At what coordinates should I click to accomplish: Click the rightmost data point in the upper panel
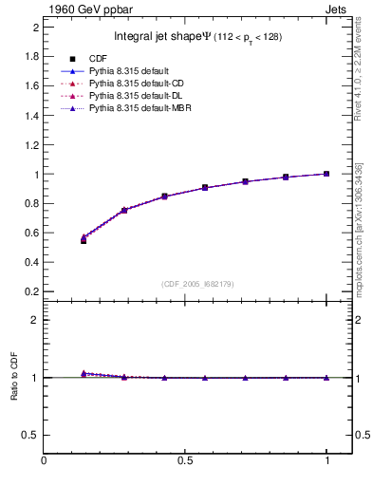tap(326, 174)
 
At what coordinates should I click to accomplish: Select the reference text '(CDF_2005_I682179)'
tap(197, 284)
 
